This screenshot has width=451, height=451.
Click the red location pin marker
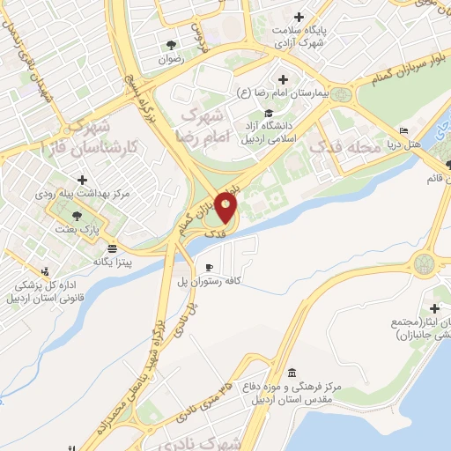(x=227, y=208)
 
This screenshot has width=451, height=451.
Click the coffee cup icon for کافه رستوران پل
(x=209, y=267)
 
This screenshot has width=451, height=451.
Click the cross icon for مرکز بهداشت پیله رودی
(x=82, y=180)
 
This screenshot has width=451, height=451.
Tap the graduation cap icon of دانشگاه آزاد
(x=268, y=112)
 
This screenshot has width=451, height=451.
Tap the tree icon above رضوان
(x=169, y=44)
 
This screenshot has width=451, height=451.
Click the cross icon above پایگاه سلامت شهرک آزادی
(x=299, y=17)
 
